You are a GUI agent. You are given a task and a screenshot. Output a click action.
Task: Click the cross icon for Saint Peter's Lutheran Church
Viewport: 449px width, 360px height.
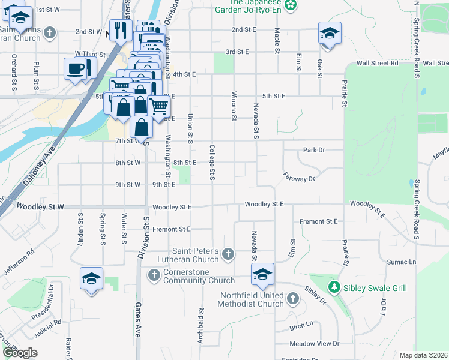(228, 255)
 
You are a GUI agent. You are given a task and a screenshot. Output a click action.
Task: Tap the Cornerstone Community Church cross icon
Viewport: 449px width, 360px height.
(154, 275)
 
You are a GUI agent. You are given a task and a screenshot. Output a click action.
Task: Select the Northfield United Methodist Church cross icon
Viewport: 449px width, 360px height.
(292, 298)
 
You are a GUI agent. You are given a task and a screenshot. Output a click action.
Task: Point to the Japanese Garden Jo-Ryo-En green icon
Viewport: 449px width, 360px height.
(291, 5)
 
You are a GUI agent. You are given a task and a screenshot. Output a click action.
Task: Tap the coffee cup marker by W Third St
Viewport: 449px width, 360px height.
(77, 68)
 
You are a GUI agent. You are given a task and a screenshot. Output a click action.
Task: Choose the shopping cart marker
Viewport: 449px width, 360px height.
(158, 107)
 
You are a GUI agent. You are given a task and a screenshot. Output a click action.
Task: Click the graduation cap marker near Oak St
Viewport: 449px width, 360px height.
(329, 33)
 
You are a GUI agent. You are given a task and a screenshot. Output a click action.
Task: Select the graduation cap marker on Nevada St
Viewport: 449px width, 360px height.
(262, 274)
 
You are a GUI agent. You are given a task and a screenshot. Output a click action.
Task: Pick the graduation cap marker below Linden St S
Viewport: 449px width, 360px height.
(91, 278)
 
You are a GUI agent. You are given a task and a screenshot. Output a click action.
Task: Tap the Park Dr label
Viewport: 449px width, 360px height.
(313, 149)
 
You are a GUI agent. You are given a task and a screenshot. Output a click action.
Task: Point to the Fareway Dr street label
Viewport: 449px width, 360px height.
(299, 178)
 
